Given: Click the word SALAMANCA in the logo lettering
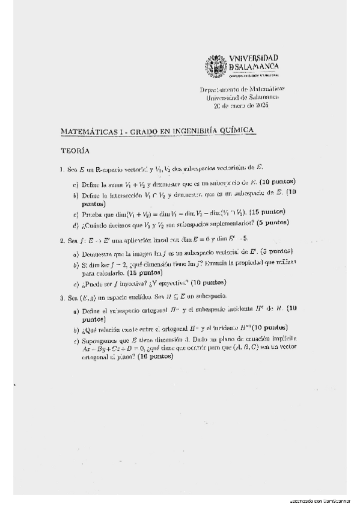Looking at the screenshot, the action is [256, 66].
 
